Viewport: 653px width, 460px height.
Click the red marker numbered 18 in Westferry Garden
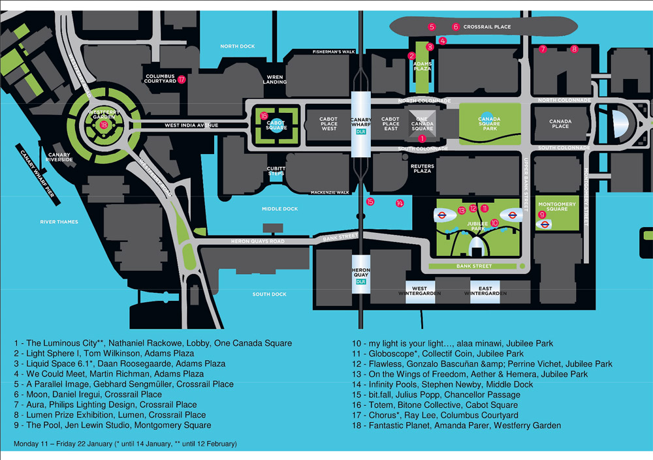[103, 125]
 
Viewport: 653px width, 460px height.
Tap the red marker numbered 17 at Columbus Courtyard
[182, 80]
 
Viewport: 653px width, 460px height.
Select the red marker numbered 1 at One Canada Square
[422, 138]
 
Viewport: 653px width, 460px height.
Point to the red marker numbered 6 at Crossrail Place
[456, 27]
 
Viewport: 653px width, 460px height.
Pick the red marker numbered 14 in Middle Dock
[400, 204]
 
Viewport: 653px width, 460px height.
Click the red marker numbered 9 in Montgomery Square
[541, 215]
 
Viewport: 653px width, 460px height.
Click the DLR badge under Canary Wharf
[360, 131]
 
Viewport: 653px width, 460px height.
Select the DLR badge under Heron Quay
[360, 281]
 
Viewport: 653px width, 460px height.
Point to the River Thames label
[59, 222]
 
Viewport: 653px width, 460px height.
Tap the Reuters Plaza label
[422, 168]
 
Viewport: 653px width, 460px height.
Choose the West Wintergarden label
[420, 291]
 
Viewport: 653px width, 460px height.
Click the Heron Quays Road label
[259, 241]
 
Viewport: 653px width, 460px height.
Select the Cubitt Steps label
[276, 170]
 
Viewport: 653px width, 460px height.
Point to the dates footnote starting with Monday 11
[125, 444]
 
